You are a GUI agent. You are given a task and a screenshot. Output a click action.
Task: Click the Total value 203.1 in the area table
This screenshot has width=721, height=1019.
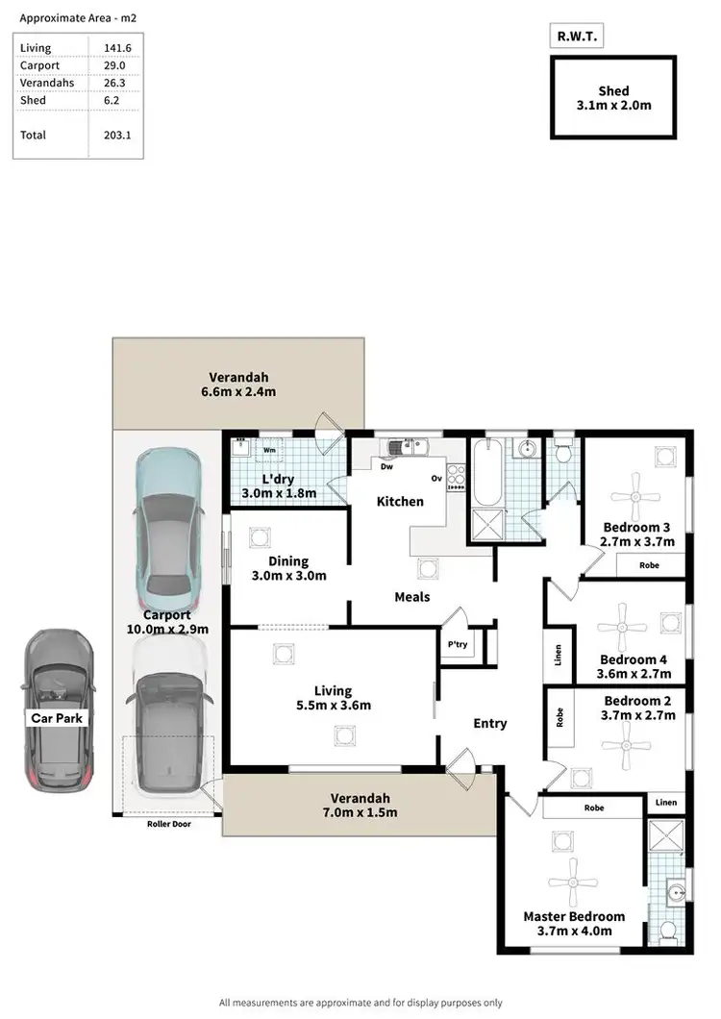pyautogui.click(x=116, y=136)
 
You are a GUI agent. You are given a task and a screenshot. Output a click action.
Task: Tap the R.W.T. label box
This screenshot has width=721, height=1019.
pyautogui.click(x=575, y=37)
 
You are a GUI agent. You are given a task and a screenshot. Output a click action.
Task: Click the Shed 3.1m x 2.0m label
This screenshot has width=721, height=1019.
pyautogui.click(x=613, y=98)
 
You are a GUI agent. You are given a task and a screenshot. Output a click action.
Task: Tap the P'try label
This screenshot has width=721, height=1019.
pyautogui.click(x=457, y=644)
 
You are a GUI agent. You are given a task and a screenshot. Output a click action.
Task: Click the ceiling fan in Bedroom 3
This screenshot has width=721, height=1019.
pyautogui.click(x=635, y=497)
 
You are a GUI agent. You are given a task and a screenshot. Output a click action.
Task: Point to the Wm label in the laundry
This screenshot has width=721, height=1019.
pyautogui.click(x=271, y=449)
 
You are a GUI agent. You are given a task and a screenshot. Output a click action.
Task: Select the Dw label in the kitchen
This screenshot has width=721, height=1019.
pyautogui.click(x=386, y=467)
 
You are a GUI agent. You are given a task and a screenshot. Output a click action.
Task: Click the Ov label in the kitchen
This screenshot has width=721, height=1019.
pyautogui.click(x=435, y=478)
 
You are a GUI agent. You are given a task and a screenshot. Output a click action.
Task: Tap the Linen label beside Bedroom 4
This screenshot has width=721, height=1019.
pyautogui.click(x=558, y=654)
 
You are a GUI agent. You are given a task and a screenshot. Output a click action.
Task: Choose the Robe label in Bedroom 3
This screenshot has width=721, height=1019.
pyautogui.click(x=650, y=565)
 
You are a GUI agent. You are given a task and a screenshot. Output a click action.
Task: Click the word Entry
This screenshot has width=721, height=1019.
pyautogui.click(x=489, y=723)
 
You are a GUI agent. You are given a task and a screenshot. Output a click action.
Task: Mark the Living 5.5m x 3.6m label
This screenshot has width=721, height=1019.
pyautogui.click(x=333, y=698)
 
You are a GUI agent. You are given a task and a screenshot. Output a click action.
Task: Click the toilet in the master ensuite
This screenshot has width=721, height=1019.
pyautogui.click(x=669, y=930)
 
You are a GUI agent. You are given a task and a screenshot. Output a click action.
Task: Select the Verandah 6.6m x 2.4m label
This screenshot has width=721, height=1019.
pyautogui.click(x=238, y=384)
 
